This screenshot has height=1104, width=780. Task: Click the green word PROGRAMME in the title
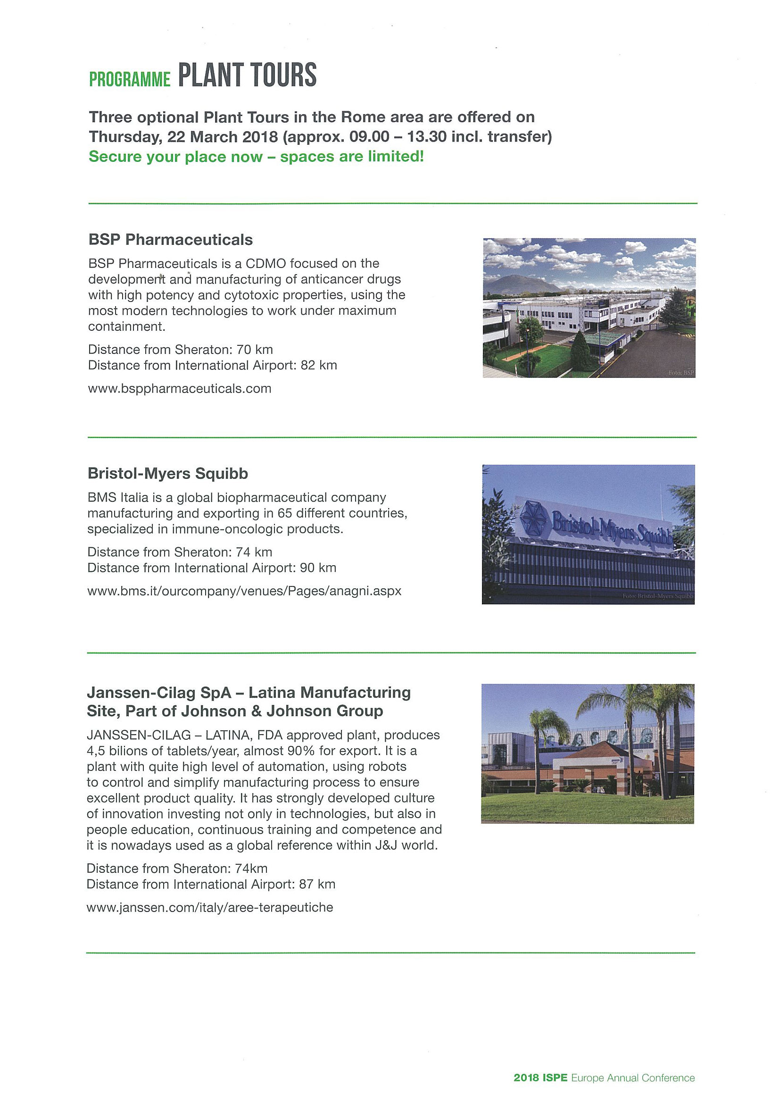tap(130, 79)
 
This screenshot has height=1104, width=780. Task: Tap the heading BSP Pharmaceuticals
tap(170, 240)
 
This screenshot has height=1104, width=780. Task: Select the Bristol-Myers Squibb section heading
tap(168, 474)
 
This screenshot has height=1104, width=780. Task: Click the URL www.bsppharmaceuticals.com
tap(179, 388)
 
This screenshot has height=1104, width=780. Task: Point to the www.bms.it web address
tap(244, 591)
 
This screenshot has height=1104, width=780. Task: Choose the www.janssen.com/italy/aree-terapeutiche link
tap(209, 907)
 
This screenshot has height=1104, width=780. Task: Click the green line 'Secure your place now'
tap(256, 157)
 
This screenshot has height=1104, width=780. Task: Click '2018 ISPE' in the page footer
tap(540, 1078)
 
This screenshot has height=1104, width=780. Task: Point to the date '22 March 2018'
tap(223, 137)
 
